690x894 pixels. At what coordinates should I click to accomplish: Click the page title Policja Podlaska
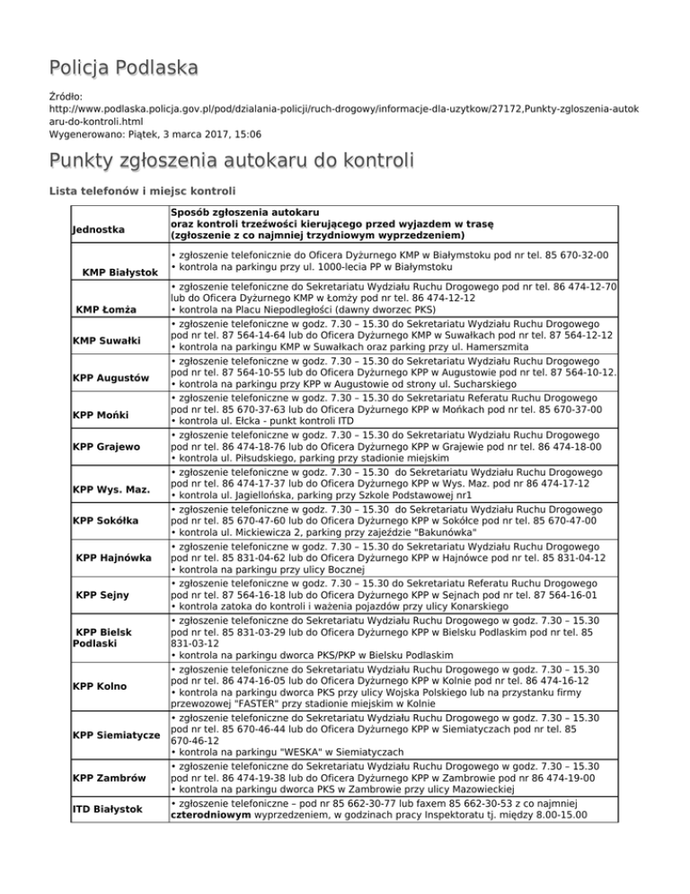pos(124,68)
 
